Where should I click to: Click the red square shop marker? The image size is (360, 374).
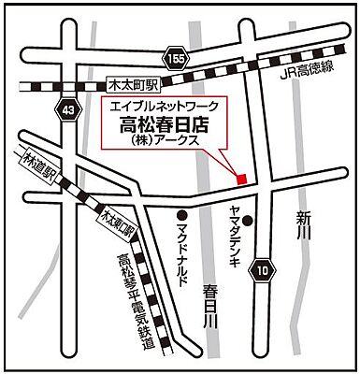[x=240, y=177]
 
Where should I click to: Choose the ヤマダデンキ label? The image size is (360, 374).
[x=233, y=234]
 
